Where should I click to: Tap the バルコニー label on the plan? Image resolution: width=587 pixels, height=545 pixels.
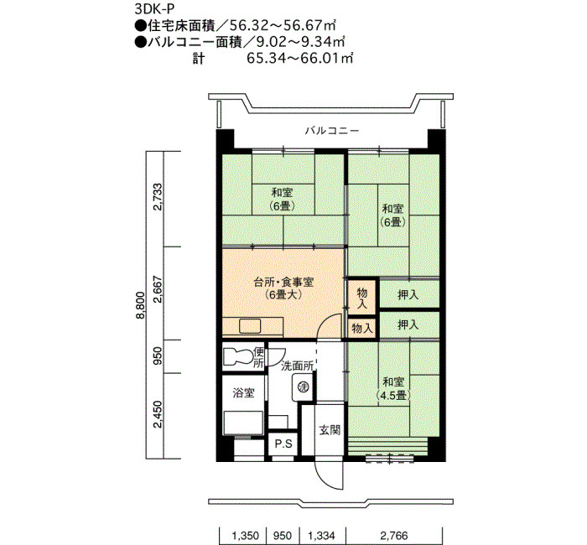332,131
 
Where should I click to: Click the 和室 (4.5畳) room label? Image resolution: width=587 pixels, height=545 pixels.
392,388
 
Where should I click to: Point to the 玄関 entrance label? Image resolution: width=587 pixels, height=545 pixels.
330,430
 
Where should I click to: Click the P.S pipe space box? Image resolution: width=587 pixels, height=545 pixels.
283,444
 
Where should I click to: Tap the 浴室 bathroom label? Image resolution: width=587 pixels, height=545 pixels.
244,392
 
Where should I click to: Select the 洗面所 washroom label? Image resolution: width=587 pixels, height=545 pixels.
297,366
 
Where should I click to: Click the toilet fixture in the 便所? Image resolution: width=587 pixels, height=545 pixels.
238,356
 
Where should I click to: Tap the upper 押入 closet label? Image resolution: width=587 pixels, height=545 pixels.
408,294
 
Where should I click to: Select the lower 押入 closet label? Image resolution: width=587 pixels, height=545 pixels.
408,324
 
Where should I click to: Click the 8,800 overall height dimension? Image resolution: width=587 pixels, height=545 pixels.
140,305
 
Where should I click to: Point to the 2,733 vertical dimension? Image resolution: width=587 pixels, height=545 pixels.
158,197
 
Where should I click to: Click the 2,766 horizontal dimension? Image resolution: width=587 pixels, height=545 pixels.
394,536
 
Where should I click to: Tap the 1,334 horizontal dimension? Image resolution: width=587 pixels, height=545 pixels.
321,536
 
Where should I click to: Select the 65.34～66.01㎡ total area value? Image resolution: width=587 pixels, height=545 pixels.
300,59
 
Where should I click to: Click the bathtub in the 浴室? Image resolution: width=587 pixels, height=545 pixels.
243,423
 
